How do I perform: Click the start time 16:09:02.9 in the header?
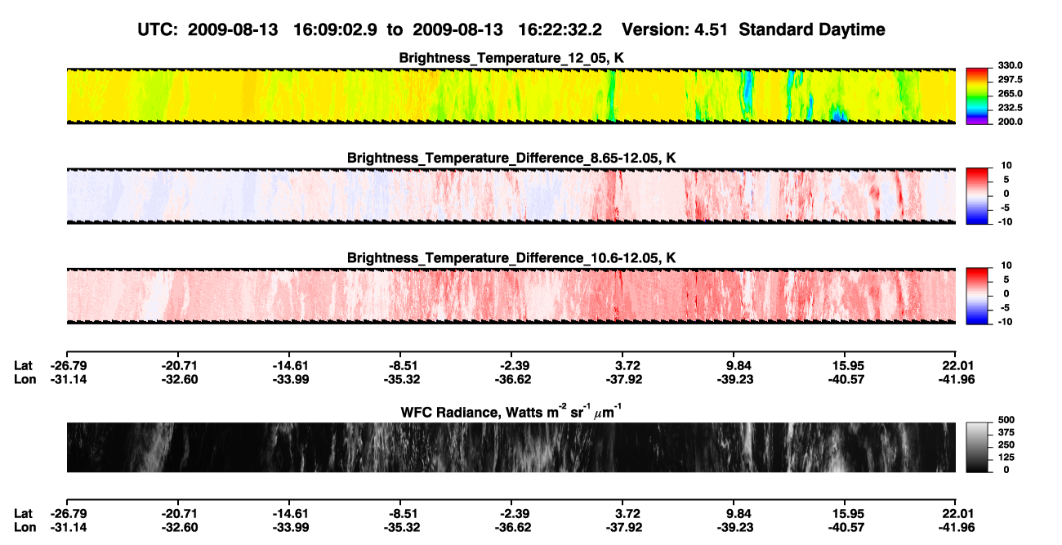(x=335, y=30)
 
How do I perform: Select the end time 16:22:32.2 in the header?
(x=560, y=30)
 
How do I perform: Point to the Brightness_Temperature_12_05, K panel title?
(x=511, y=58)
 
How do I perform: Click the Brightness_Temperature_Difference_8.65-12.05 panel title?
(x=511, y=159)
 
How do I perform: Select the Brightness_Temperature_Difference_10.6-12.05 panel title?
(x=511, y=258)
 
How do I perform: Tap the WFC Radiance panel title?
(x=511, y=412)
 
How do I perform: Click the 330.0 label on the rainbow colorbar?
(x=1010, y=65)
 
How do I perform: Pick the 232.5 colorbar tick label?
(x=1010, y=108)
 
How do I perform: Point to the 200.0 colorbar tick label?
(x=1010, y=122)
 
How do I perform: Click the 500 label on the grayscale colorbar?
(x=1006, y=420)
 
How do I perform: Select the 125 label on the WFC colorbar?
(x=1006, y=458)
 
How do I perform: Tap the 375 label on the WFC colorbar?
(x=1006, y=432)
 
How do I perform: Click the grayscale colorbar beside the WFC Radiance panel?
(x=977, y=447)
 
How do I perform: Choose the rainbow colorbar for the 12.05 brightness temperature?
(x=977, y=96)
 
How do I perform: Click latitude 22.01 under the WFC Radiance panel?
(x=957, y=514)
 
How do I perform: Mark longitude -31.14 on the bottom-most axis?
(x=69, y=528)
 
